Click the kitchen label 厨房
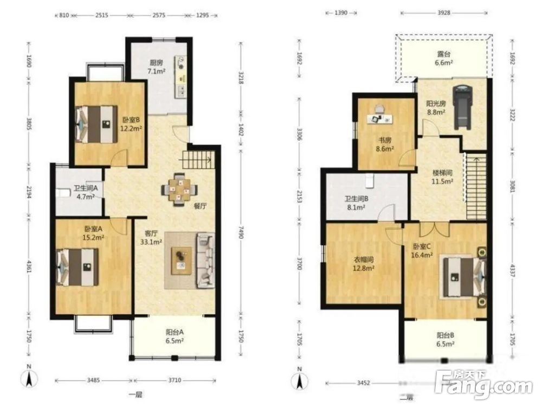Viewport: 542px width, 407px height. click(x=156, y=62)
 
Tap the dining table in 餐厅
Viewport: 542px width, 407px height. click(x=179, y=189)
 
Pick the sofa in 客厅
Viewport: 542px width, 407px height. click(x=205, y=260)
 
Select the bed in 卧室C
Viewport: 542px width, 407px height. click(x=465, y=277)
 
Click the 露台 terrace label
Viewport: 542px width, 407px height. click(x=444, y=54)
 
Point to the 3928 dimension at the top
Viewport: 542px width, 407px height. click(x=444, y=13)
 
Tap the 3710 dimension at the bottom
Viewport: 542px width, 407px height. click(x=175, y=380)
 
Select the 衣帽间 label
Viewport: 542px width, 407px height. click(x=363, y=259)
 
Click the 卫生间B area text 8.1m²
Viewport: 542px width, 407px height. click(x=357, y=207)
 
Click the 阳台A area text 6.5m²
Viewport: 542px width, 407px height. click(x=175, y=341)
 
